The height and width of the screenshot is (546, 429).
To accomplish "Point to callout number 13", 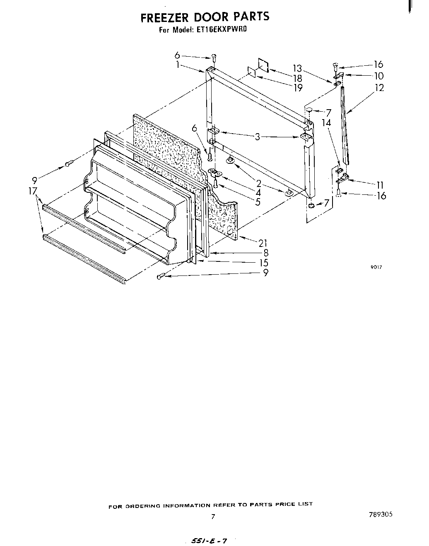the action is click(297, 69).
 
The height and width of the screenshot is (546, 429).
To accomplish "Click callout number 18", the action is click(297, 78).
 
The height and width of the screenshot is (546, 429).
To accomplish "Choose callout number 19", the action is click(297, 88).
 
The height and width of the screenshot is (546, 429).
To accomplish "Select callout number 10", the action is click(378, 76).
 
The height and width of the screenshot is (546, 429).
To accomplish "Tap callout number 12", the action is click(378, 88).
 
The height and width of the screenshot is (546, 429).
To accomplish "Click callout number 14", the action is click(326, 123).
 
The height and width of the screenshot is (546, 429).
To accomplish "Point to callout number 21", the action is click(263, 243).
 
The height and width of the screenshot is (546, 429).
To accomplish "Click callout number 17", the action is click(33, 191).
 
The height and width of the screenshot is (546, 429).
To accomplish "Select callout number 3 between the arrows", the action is click(258, 136).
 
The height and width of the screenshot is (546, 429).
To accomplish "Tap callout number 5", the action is click(258, 202).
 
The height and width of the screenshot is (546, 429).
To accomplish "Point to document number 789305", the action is click(381, 515).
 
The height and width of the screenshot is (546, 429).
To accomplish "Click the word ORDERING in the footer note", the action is click(145, 506).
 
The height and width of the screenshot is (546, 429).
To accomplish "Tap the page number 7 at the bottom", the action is click(213, 516).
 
